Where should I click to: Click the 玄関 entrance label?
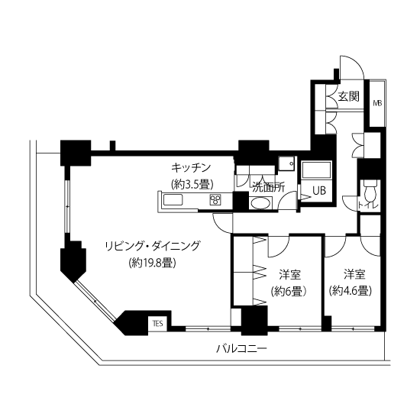[x=348, y=96]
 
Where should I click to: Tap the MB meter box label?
[x=377, y=103]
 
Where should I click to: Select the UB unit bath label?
[x=319, y=190]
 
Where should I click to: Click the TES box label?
[x=158, y=324]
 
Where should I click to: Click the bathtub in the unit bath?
[x=317, y=170]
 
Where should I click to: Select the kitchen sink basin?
[x=173, y=200]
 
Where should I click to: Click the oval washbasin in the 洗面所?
[x=260, y=203]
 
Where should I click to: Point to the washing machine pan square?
[x=286, y=163]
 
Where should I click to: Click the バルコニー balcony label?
[x=241, y=349]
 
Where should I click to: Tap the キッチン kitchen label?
[x=191, y=168]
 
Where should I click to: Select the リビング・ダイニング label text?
[x=153, y=246]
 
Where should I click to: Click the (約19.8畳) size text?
[x=153, y=263]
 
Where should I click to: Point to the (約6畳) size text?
[x=289, y=291]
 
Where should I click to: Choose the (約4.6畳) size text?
[x=351, y=291]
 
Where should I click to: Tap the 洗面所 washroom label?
[x=269, y=188]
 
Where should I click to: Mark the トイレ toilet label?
[x=368, y=205]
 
